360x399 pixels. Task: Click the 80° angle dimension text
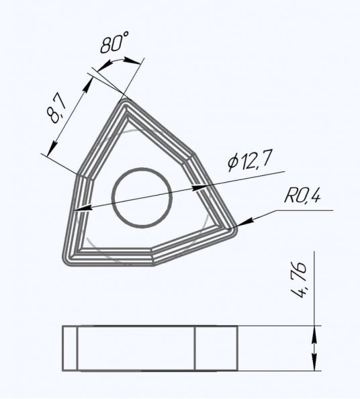pos(114,42)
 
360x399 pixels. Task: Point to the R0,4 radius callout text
pos(302,195)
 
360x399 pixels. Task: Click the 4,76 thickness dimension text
pos(299,279)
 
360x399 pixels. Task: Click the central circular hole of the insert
pos(142,197)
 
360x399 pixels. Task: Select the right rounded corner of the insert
pos(233,230)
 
